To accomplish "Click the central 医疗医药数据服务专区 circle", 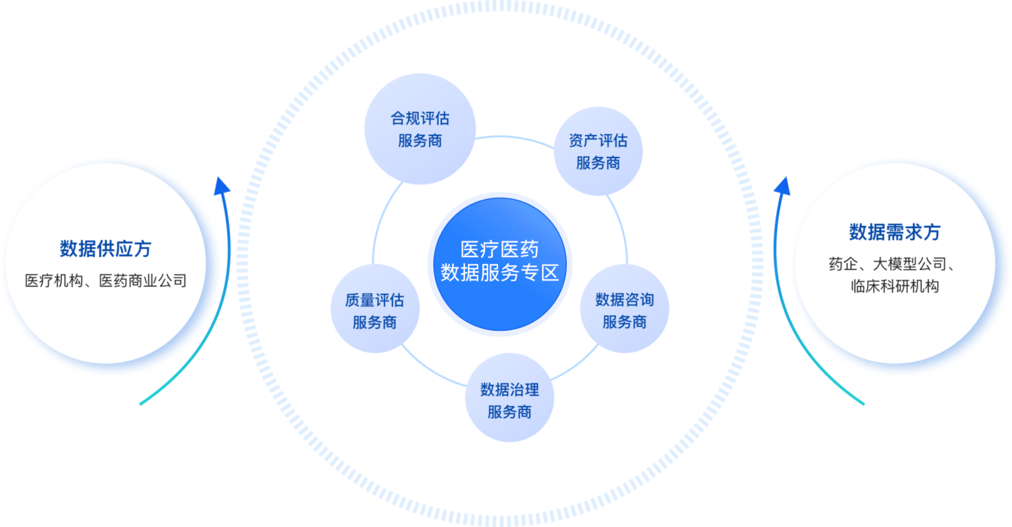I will [499, 263].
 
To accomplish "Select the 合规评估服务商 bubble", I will [420, 129].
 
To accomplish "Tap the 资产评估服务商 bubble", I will [598, 152].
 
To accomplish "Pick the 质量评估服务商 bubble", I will [374, 311].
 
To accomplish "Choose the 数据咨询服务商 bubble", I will [624, 310].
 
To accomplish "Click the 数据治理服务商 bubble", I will [509, 401].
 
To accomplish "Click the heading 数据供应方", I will [105, 249].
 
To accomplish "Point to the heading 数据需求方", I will [894, 232].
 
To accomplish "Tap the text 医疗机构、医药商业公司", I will [105, 281].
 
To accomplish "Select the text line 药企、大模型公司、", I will [894, 265].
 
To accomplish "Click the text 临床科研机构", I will [894, 287].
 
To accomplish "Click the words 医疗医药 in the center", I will [499, 249].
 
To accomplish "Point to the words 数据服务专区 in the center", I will [499, 273].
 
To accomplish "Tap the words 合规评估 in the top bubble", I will [420, 119].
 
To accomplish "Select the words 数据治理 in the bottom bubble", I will [509, 389].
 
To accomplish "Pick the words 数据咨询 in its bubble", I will [624, 300].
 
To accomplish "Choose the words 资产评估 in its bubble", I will [598, 140].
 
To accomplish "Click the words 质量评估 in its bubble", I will [374, 300].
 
